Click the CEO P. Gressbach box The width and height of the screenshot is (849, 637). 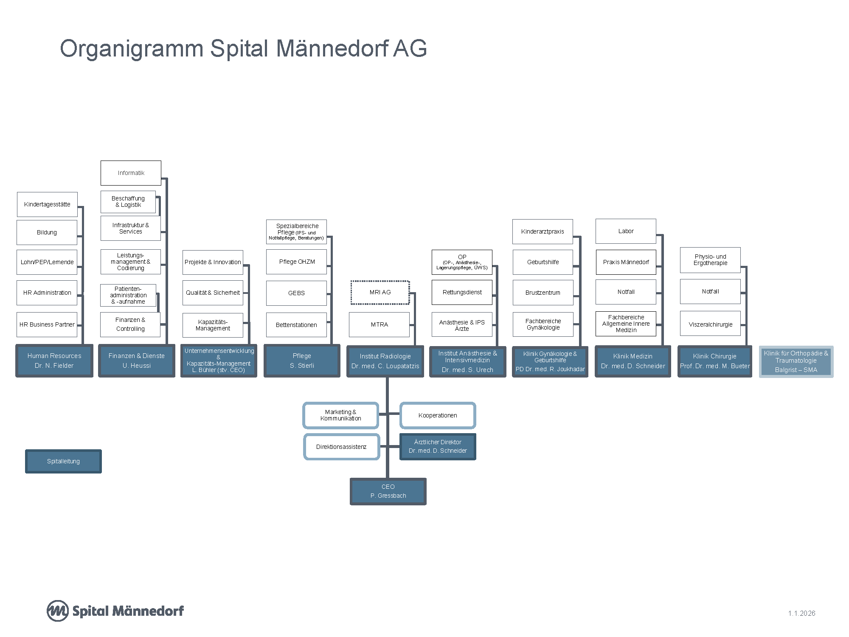[388, 491]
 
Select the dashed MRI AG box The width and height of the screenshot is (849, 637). [380, 293]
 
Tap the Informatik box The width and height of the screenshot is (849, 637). [131, 173]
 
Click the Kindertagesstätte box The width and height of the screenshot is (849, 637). [47, 204]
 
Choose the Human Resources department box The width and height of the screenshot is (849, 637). [54, 361]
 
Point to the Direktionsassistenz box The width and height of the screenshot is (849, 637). [341, 447]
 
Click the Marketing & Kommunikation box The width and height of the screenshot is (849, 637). [340, 415]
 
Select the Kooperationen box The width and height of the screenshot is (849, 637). [438, 415]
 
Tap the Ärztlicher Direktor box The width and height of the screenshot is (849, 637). [438, 447]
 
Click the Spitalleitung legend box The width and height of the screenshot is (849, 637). [63, 461]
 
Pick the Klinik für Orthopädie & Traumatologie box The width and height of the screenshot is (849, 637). [796, 361]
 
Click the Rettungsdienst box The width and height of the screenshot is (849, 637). [462, 292]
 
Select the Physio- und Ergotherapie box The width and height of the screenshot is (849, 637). [710, 260]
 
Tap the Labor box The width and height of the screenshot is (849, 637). [626, 231]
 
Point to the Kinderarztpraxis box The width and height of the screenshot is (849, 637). [543, 231]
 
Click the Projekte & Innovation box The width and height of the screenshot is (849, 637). [213, 262]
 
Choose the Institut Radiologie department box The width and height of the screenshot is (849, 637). [385, 361]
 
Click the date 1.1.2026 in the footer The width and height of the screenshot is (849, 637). [801, 613]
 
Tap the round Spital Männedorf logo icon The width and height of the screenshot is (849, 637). [57, 611]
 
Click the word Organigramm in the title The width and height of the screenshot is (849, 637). [131, 48]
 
